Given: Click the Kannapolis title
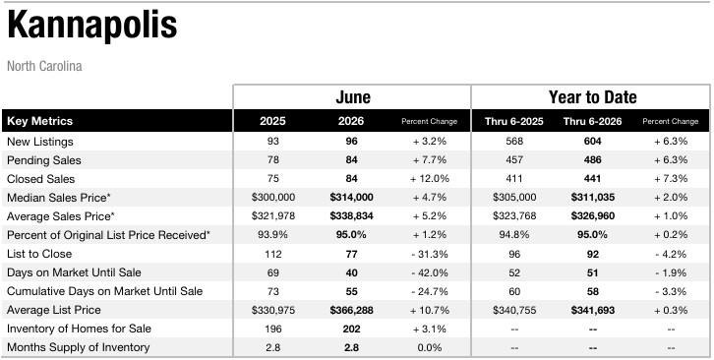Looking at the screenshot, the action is [92, 25].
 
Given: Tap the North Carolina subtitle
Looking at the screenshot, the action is [44, 66].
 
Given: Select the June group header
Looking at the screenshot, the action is [353, 97].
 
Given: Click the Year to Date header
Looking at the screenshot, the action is [592, 97].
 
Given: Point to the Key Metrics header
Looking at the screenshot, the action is [40, 121].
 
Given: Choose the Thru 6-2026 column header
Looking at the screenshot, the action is [592, 121].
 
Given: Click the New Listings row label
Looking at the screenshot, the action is [40, 142].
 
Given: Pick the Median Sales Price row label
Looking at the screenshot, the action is [59, 198].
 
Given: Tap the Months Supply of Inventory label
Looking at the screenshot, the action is [79, 347].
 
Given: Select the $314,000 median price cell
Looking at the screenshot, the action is [351, 198].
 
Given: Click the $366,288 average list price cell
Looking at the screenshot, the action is [351, 310].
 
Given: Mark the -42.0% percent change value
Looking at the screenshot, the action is [430, 272].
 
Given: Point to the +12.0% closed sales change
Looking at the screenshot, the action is [430, 179].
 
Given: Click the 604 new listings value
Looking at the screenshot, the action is [592, 142].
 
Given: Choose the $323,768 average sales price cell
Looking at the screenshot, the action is [514, 216].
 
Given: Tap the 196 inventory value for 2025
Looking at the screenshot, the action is [272, 329].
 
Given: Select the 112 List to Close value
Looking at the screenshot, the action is [272, 254].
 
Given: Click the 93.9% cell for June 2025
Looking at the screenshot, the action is [272, 235].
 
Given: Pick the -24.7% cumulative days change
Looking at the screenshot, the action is [430, 291].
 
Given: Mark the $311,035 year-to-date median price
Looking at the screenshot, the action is [592, 198].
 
